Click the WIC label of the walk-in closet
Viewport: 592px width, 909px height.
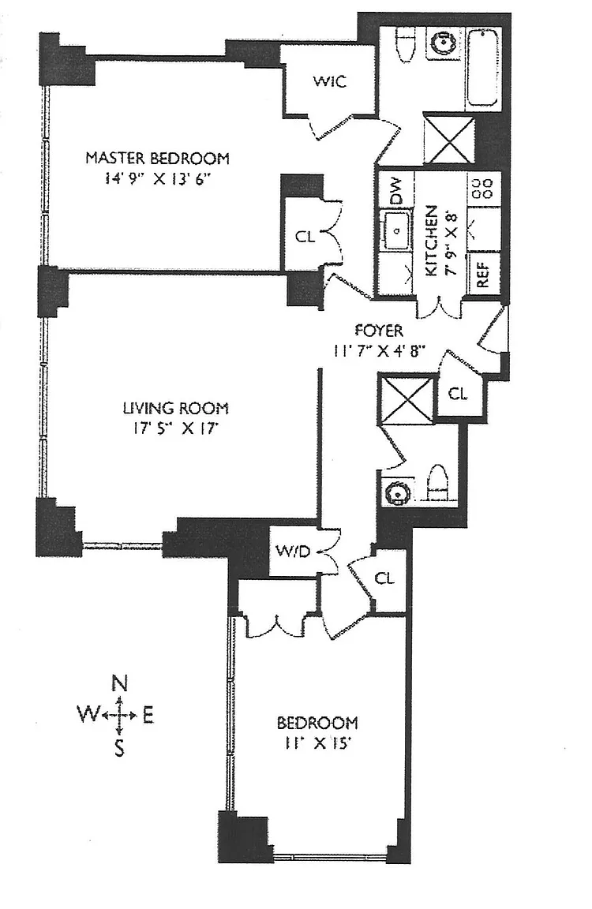(x=329, y=81)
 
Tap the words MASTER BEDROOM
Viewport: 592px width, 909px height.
(x=157, y=158)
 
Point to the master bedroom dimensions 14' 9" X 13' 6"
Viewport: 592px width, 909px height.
(x=157, y=179)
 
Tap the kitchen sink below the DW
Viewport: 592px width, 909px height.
(x=395, y=230)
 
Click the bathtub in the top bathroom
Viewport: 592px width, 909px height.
(x=482, y=67)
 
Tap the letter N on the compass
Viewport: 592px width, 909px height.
(x=119, y=683)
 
